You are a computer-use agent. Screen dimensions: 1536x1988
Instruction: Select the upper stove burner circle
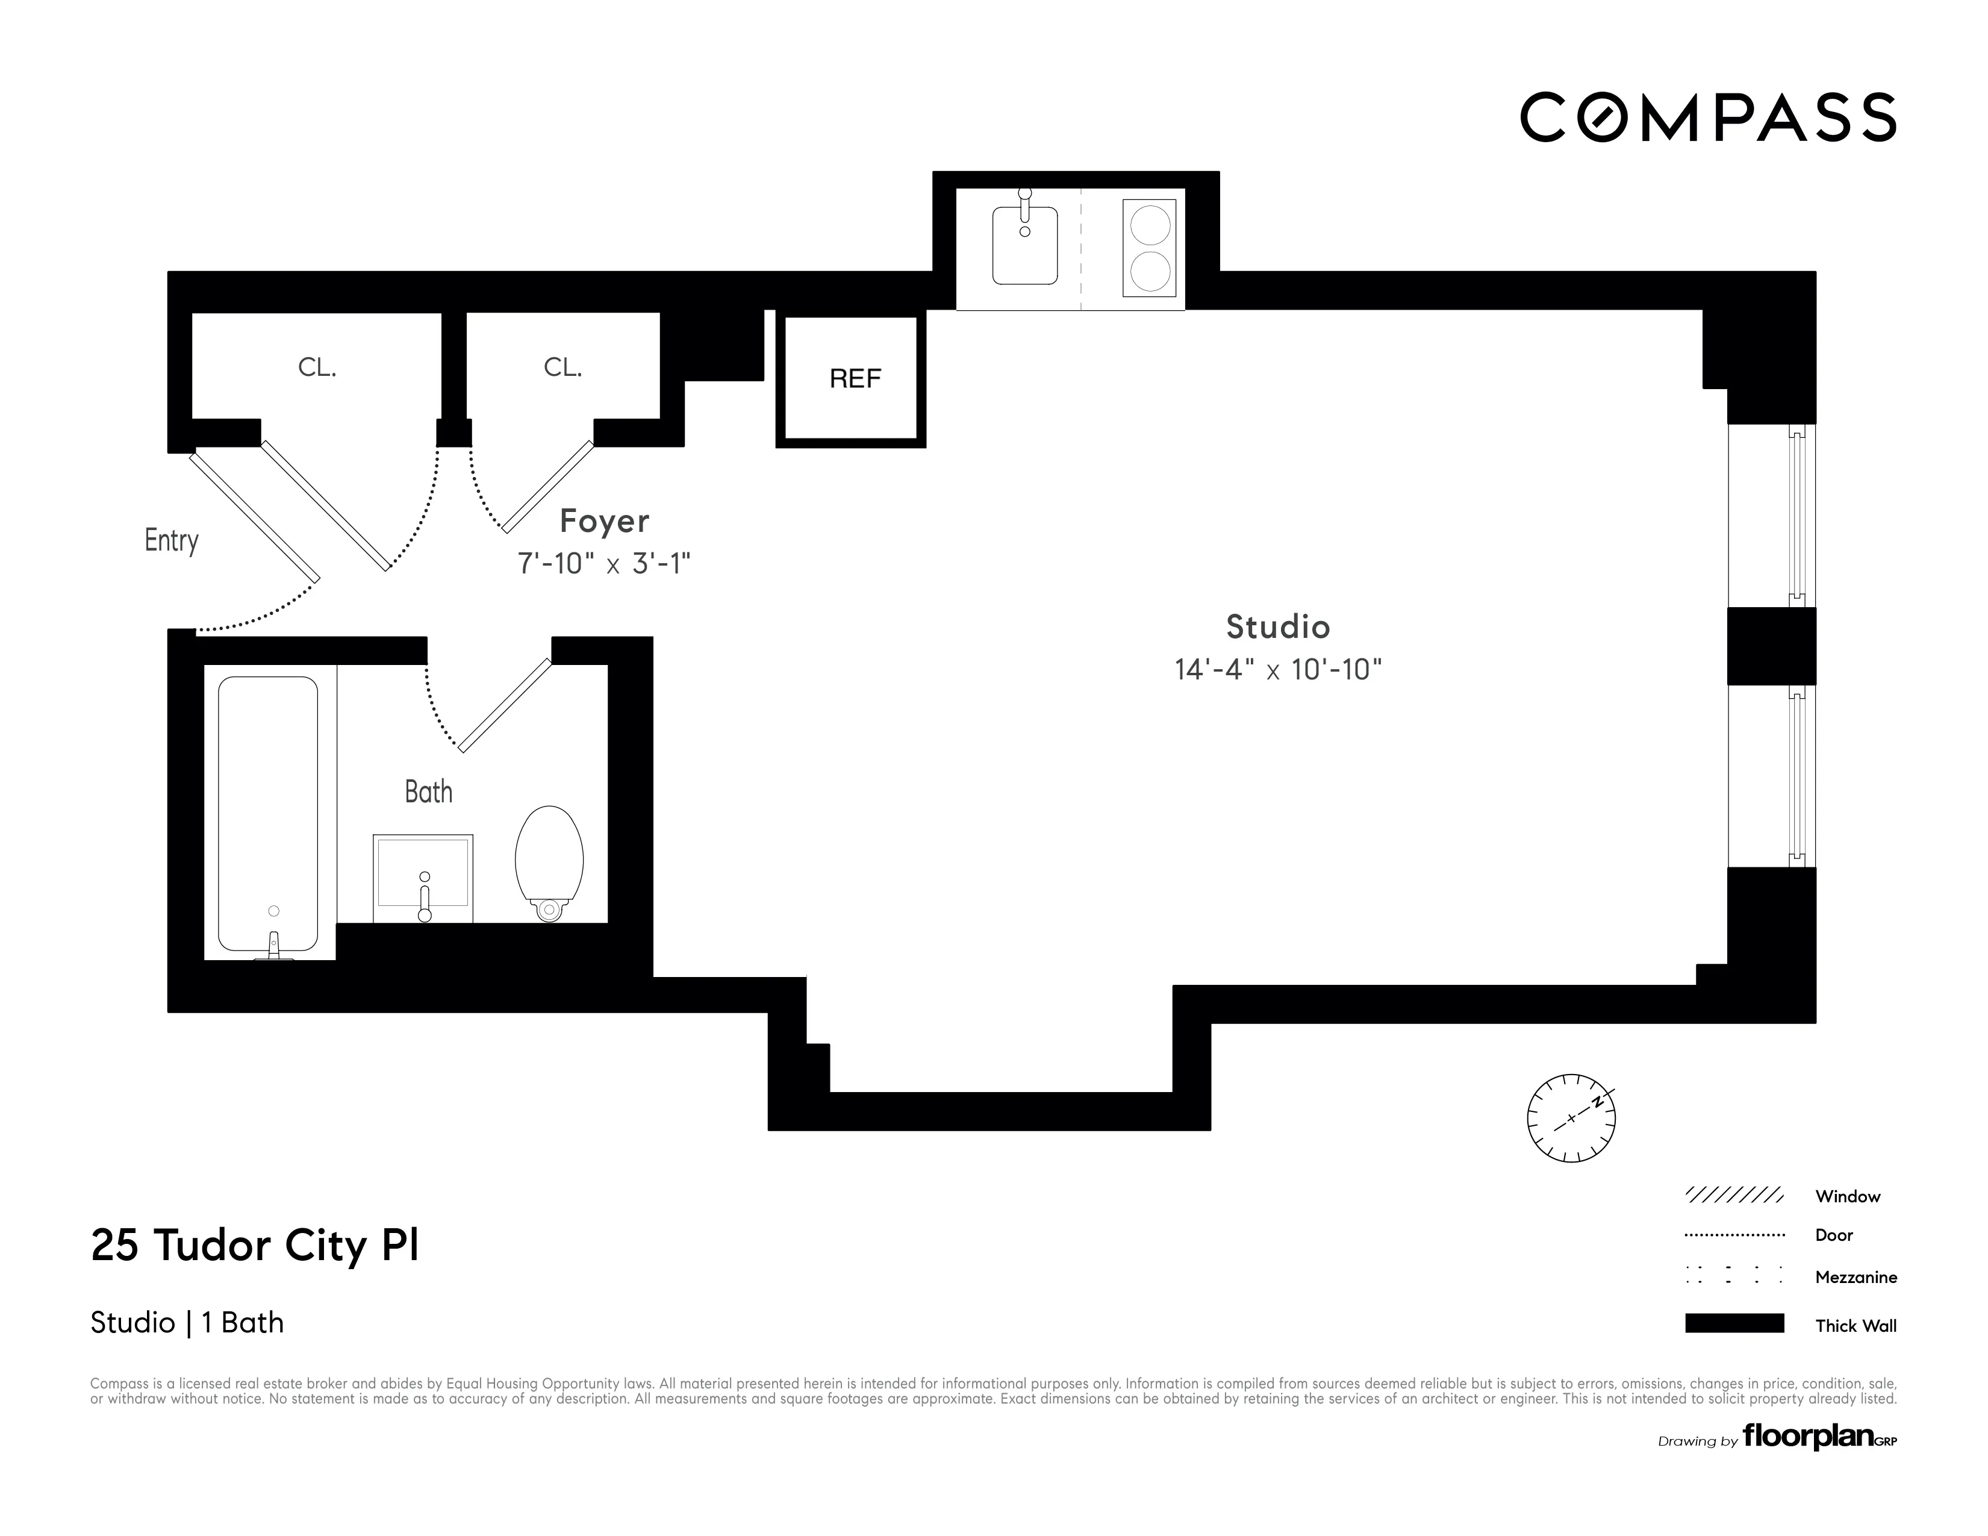click(1150, 226)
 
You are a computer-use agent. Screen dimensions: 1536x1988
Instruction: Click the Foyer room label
click(605, 521)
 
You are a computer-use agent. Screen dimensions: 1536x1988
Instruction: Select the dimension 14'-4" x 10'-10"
click(1277, 670)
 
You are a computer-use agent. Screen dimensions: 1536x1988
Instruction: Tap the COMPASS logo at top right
click(1707, 117)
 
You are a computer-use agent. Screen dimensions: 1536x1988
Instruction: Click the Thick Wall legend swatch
click(1734, 1323)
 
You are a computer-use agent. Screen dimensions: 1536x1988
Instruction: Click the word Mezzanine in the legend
click(1855, 1276)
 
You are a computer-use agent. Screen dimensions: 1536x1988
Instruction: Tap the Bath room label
click(428, 791)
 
